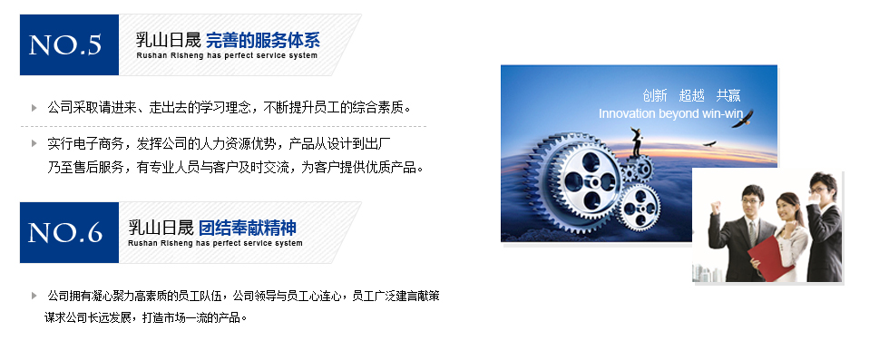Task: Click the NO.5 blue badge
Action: click(x=69, y=44)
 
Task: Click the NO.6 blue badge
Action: click(x=69, y=232)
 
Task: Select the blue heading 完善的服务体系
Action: click(x=262, y=40)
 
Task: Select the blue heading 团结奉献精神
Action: click(x=247, y=228)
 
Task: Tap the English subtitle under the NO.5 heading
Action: click(x=227, y=55)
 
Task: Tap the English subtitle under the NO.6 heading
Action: click(x=216, y=243)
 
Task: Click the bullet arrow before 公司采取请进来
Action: click(x=34, y=107)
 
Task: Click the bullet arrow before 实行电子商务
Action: click(x=34, y=143)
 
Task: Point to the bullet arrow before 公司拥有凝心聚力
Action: click(x=34, y=296)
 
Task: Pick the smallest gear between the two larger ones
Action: click(x=628, y=173)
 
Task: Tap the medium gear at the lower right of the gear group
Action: click(x=639, y=207)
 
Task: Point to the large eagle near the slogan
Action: click(x=742, y=119)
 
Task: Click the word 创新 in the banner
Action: click(x=655, y=95)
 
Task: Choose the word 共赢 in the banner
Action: click(x=728, y=95)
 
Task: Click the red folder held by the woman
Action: click(x=771, y=258)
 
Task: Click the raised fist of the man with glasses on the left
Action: click(x=716, y=208)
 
